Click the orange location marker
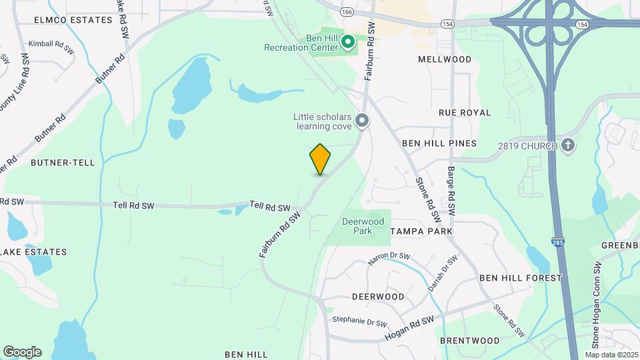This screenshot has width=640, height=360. point(321,159)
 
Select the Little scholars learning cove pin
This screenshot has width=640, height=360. point(362,121)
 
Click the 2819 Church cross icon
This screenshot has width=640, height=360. point(567,145)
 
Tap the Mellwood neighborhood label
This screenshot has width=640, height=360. point(445,59)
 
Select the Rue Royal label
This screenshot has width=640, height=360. point(465,113)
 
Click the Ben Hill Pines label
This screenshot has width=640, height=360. point(439,143)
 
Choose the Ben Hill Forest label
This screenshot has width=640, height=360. point(521,277)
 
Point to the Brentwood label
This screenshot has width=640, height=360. point(470,341)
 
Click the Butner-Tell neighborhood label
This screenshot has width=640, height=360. point(63,162)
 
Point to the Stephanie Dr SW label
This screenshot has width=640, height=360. point(360,321)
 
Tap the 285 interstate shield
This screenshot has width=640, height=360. point(557,243)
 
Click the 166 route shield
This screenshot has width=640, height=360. point(346,12)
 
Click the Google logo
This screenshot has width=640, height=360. point(22,352)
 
